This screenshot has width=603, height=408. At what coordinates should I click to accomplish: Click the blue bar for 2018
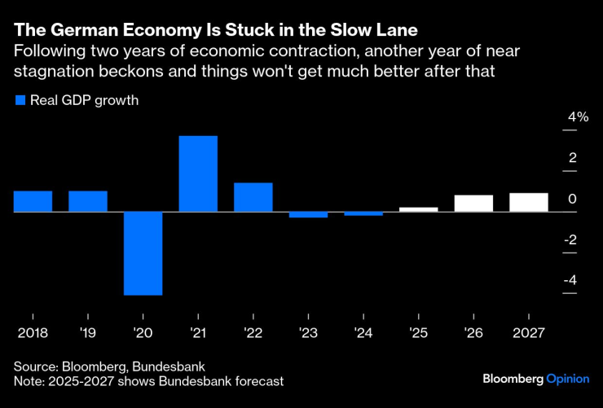point(33,201)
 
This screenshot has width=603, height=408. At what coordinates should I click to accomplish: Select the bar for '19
point(88,201)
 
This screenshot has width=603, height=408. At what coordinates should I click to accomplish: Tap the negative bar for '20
point(143,252)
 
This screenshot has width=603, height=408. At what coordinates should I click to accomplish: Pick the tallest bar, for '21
point(198,173)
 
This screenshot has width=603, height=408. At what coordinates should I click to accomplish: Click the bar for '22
point(253,197)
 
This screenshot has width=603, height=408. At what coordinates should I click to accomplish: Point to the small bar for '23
point(308,214)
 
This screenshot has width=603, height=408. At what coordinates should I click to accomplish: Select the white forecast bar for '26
point(473,204)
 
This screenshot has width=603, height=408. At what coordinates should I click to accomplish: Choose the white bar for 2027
point(529,202)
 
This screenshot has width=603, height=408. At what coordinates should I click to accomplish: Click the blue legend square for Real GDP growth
point(20,101)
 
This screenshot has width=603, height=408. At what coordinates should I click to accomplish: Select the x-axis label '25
point(419,333)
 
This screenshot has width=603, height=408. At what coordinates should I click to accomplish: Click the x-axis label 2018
point(33,333)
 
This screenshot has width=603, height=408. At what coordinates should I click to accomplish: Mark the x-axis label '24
point(363,333)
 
